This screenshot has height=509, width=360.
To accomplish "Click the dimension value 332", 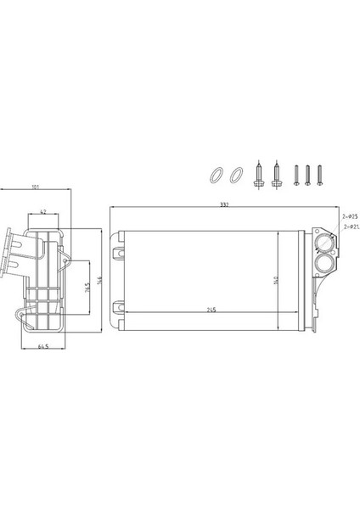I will [223, 206].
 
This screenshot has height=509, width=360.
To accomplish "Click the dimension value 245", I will [211, 310].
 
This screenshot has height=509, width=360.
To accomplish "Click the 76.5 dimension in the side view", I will [87, 288].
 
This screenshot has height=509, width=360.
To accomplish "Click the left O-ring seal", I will [215, 176].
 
